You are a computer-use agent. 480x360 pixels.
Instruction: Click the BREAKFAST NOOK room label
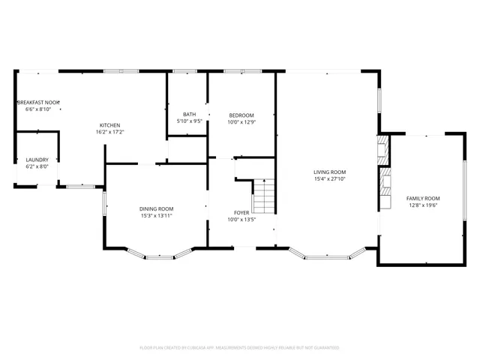37,102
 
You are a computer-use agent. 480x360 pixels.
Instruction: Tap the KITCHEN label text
109,125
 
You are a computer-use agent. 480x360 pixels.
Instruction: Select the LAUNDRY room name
37,160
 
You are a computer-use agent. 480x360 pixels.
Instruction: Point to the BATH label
189,115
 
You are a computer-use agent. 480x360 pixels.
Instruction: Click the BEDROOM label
241,115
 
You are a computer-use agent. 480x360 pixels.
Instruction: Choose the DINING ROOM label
156,208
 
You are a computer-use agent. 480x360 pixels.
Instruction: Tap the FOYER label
241,213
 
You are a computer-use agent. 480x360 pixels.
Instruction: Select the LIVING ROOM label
329,172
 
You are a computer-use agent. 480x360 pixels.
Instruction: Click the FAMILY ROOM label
422,198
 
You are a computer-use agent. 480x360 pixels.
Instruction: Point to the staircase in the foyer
263,197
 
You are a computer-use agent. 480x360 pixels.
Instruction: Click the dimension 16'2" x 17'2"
109,132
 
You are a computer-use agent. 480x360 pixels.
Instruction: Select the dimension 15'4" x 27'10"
329,179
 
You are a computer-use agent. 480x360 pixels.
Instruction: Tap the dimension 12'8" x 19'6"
422,205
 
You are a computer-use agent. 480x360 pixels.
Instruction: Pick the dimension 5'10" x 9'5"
189,121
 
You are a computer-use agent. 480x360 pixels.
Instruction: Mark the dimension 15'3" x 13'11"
156,216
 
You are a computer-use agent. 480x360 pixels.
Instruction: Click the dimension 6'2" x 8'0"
37,166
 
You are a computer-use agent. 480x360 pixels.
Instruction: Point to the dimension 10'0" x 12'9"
241,121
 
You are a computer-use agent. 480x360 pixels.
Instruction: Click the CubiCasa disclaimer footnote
239,348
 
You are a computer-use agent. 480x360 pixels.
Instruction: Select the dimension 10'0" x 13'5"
241,220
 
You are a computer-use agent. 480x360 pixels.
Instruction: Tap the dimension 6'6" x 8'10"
37,109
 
